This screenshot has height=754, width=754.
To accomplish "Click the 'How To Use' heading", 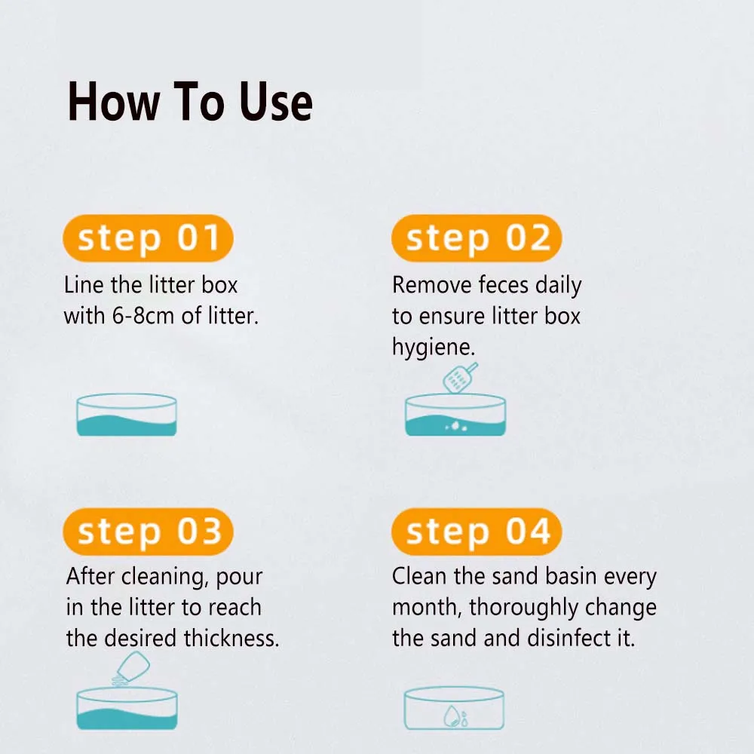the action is (190, 102).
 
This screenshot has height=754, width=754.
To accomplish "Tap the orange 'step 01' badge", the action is (148, 238).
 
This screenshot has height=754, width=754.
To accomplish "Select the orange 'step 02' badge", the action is (477, 238).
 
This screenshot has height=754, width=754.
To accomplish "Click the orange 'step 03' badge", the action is (148, 532).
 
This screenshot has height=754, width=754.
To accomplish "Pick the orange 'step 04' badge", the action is (477, 532).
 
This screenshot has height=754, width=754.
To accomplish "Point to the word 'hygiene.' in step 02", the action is (434, 348).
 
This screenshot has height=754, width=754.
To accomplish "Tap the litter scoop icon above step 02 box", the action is (460, 378).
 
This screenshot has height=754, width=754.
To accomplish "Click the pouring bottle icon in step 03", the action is (130, 668).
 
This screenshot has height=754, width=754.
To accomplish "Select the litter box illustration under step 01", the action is (127, 415).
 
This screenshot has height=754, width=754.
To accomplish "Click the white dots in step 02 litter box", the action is (456, 427).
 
